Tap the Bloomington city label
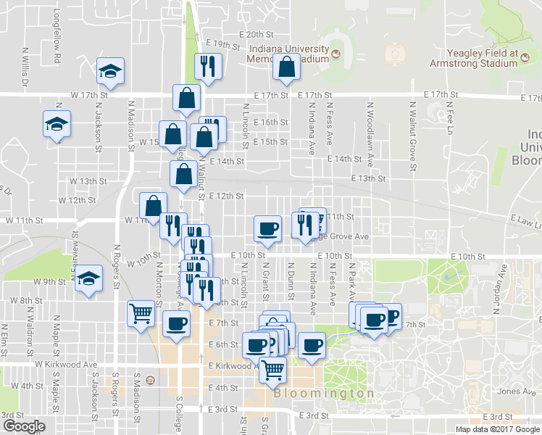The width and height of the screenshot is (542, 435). pyautogui.click(x=325, y=393)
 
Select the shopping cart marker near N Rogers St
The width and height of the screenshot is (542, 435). pyautogui.click(x=141, y=313)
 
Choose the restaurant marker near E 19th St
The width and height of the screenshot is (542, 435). pyautogui.click(x=208, y=66)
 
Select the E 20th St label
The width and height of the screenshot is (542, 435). pyautogui.click(x=259, y=34)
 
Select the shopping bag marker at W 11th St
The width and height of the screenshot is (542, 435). pyautogui.click(x=153, y=205)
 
